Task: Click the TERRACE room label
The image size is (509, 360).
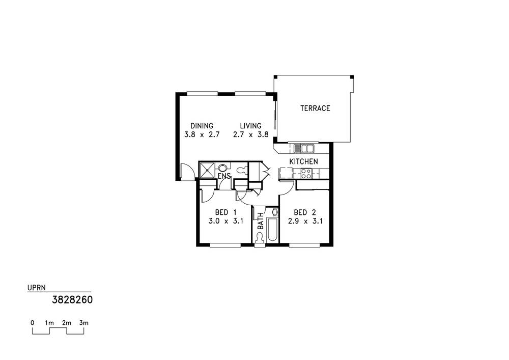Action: coord(315,108)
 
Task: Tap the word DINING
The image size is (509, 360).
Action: coord(202,126)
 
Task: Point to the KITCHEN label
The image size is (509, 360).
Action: coord(303,162)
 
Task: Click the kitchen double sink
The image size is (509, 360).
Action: coord(304,148)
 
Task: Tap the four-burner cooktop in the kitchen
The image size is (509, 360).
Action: coord(306,173)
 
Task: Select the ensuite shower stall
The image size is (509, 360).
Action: coord(207,170)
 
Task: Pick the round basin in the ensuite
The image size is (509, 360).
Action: coord(222,168)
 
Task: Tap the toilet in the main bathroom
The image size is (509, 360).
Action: coord(260,237)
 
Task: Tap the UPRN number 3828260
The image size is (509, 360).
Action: coord(72,299)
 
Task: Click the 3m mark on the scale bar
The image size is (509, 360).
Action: coord(84,323)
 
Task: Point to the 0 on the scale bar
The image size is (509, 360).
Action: coord(32,323)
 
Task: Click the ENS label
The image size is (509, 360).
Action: coord(224,176)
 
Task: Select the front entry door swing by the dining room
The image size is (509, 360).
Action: coord(187,172)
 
